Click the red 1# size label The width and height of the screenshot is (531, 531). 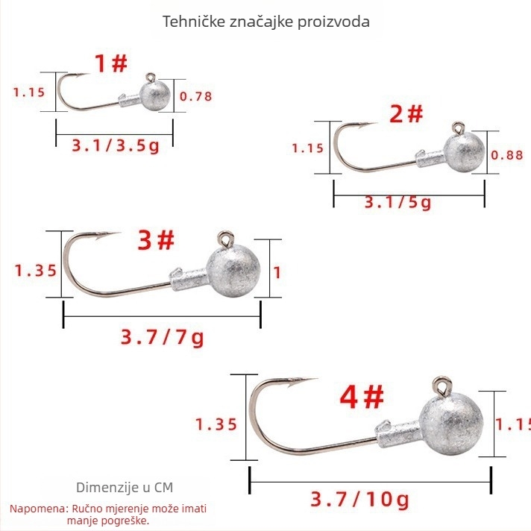(110, 63)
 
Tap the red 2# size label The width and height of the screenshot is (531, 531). (406, 114)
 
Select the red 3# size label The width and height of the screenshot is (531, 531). (156, 240)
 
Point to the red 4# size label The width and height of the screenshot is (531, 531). (362, 397)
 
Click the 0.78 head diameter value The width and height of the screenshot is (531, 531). (195, 96)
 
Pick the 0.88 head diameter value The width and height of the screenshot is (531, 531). (507, 155)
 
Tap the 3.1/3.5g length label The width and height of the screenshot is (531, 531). (116, 146)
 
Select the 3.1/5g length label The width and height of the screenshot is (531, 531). (398, 203)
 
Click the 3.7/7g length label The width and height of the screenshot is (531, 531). (163, 338)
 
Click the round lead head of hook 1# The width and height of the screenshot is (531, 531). (155, 95)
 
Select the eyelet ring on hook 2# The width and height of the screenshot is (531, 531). (458, 128)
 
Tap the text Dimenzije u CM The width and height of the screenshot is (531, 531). (125, 488)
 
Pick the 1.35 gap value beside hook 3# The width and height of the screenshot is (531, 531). (36, 271)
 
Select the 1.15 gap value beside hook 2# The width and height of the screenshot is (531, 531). (307, 148)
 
